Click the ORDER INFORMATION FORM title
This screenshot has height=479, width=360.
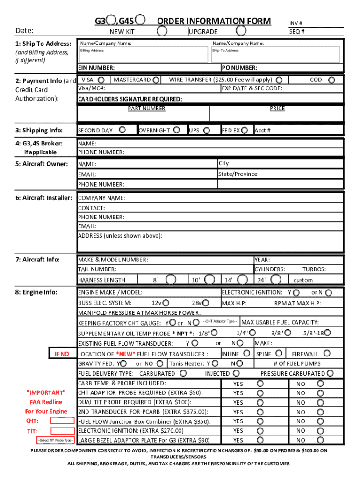[214, 21]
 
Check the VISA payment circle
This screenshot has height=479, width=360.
[102, 80]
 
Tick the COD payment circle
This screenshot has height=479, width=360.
[331, 80]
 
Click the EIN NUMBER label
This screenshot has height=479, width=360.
[96, 68]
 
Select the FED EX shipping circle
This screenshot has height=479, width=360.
[245, 130]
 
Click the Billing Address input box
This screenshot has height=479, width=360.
[143, 55]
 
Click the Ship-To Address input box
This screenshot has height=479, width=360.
[276, 55]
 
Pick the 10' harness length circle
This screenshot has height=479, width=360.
[211, 280]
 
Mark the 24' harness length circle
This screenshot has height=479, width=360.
[276, 280]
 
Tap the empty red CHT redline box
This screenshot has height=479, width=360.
[62, 421]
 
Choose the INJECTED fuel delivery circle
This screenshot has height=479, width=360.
[237, 373]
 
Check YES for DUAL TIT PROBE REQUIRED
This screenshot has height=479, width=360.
[260, 402]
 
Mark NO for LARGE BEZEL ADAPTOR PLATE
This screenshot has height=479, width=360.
[320, 440]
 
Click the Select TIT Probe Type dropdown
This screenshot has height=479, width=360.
[55, 440]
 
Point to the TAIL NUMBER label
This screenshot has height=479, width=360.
[97, 269]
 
